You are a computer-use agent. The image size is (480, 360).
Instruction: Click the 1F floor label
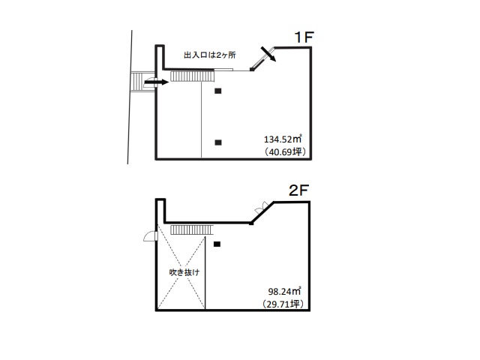pos(304,37)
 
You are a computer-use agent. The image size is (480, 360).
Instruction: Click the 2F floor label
pos(298,190)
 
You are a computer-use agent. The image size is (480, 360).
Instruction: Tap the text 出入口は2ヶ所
pos(210,55)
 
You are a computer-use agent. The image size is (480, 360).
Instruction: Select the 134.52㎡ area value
pos(283,139)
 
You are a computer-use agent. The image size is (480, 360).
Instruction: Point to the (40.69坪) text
pos(286,151)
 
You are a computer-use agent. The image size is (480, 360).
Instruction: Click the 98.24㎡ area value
pos(285,291)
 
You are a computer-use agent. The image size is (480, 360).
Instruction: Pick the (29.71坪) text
pos(283,304)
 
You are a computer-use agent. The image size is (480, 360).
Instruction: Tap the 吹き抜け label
pos(184,272)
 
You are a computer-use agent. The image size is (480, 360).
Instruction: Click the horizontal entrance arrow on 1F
pos(157,82)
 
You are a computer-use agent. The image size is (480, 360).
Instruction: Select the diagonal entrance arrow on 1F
pos(268,54)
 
